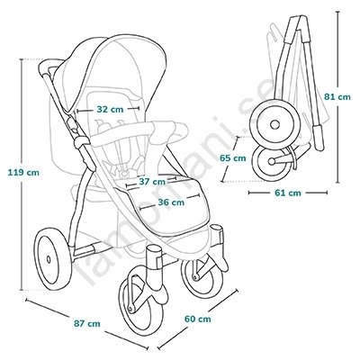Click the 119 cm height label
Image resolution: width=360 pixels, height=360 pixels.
(x=23, y=173)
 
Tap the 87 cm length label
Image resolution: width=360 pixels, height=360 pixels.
(x=87, y=324)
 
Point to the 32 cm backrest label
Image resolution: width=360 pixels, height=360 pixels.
(x=110, y=110)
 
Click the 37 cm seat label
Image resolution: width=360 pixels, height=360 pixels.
(x=152, y=182)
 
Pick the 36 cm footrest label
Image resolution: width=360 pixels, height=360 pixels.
(x=171, y=202)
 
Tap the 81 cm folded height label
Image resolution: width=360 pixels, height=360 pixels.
(x=337, y=97)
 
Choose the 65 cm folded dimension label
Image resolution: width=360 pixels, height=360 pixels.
(x=232, y=157)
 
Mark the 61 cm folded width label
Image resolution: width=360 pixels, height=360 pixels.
(x=288, y=193)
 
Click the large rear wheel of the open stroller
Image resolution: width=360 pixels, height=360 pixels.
(x=54, y=258)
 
